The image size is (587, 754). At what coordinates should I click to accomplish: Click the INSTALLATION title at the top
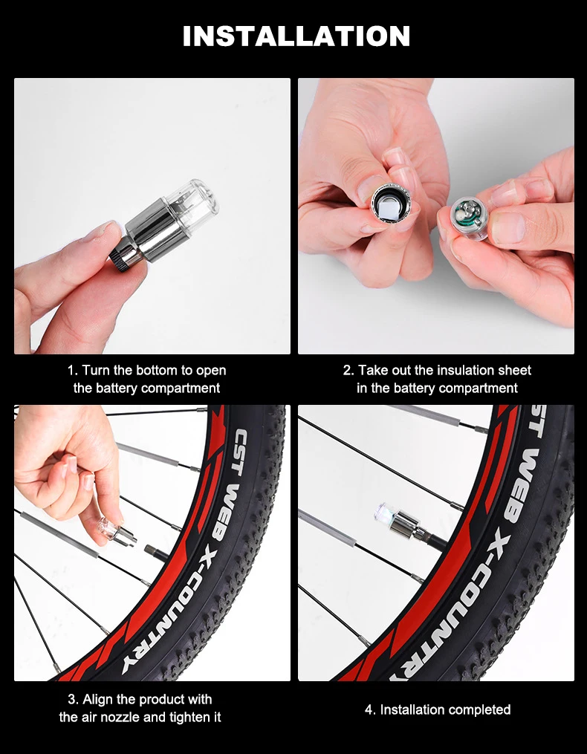[296, 36]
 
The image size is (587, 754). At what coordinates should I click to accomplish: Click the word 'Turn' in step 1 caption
[96, 370]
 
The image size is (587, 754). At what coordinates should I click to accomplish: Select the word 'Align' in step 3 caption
[99, 699]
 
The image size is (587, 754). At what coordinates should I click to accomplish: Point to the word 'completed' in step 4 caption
[477, 709]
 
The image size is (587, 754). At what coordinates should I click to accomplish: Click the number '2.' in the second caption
[348, 370]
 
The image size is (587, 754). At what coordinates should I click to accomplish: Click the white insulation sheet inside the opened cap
[387, 203]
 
